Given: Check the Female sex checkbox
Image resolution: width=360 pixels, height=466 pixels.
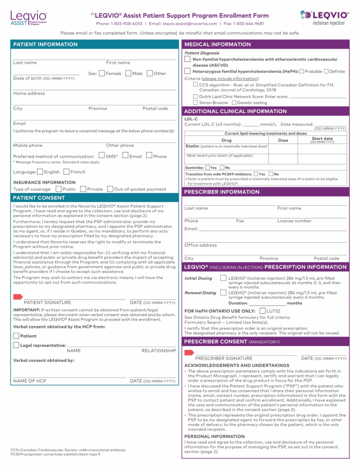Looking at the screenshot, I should [102, 74].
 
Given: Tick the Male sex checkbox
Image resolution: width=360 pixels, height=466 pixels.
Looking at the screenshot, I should [128, 74].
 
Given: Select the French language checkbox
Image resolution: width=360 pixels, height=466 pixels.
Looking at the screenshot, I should [66, 172].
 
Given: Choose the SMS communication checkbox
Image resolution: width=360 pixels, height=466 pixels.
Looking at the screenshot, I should [102, 156].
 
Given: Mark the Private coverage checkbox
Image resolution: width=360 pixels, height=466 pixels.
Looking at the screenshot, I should [82, 189].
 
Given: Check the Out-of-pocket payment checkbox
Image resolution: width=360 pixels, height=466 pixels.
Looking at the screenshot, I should [110, 189].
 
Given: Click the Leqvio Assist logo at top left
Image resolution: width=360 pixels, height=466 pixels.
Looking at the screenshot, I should [28, 18].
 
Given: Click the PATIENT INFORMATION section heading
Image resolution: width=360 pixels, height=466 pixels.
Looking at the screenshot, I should [45, 45].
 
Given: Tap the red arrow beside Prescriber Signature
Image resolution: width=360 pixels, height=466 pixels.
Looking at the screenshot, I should [189, 352].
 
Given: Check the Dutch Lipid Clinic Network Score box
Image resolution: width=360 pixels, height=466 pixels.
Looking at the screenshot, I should [195, 96].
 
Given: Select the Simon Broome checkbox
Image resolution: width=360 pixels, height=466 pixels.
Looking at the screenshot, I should [195, 102].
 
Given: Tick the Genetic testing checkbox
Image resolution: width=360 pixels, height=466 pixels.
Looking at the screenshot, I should [233, 102].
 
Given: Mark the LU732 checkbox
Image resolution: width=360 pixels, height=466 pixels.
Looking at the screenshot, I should [262, 311].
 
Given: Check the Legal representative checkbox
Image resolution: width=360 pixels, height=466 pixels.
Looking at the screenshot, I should [16, 345].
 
